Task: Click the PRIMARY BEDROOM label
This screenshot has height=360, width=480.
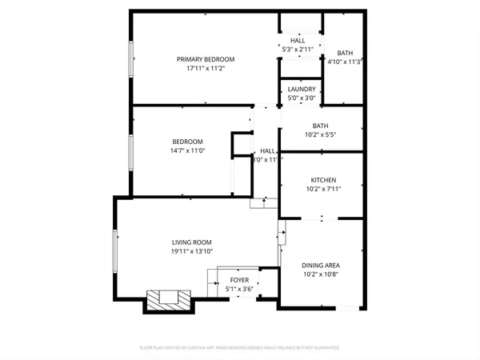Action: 206,59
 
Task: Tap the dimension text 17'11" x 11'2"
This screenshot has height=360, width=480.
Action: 206,69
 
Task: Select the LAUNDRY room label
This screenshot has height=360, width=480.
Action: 302,89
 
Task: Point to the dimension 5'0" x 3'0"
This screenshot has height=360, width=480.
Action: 302,98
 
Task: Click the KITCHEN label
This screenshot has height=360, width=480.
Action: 323,180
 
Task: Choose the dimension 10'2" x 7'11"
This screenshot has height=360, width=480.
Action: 323,190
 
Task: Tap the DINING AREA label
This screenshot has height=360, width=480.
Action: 321,265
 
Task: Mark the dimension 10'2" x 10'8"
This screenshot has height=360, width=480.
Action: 321,274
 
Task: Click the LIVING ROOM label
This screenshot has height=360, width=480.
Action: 191,242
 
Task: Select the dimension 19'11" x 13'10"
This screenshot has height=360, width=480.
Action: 191,251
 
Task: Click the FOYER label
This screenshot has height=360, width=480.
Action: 239,280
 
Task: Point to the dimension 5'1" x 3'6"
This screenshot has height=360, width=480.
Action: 239,289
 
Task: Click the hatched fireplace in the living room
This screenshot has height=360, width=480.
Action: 169,299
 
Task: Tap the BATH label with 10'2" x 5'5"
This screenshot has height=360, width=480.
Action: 320,126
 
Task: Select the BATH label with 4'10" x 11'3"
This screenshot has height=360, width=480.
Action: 345,52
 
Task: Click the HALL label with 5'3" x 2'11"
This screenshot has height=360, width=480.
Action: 298,41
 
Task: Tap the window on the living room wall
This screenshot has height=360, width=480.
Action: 115,250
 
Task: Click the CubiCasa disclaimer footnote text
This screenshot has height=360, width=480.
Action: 239,348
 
